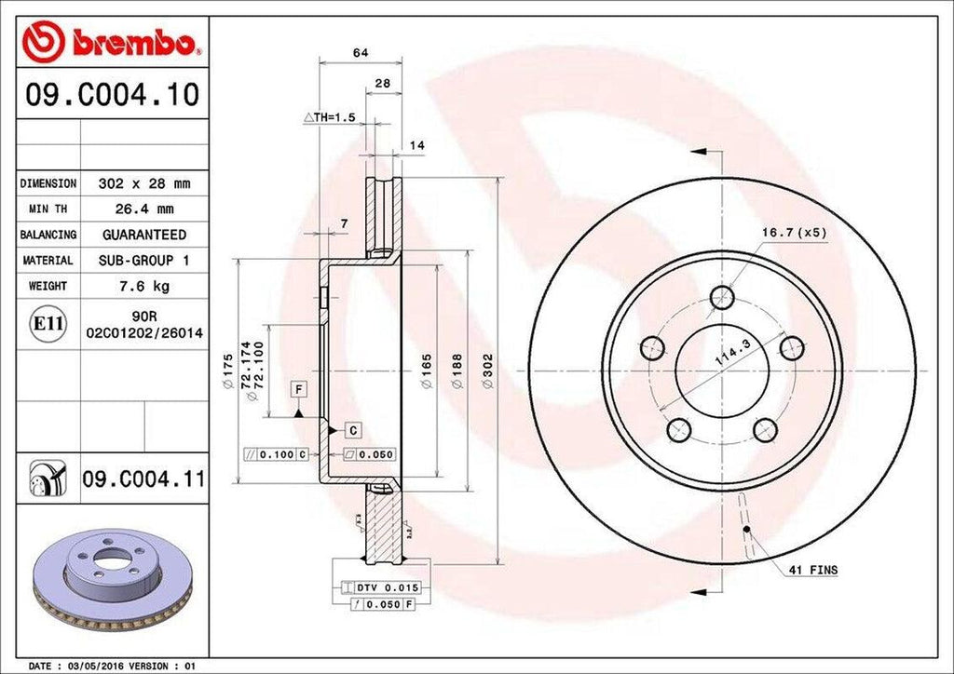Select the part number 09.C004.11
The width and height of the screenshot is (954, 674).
pyautogui.click(x=143, y=479)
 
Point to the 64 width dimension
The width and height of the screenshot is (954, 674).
pyautogui.click(x=361, y=53)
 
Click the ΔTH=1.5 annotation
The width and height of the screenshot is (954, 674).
pyautogui.click(x=330, y=117)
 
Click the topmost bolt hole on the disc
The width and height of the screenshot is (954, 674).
pyautogui.click(x=722, y=297)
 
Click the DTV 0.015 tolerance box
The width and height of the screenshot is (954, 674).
pyautogui.click(x=383, y=587)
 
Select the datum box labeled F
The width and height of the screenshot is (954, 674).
pyautogui.click(x=299, y=388)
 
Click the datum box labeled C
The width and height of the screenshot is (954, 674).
pyautogui.click(x=354, y=430)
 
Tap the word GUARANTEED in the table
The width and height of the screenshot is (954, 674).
pyautogui.click(x=143, y=235)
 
